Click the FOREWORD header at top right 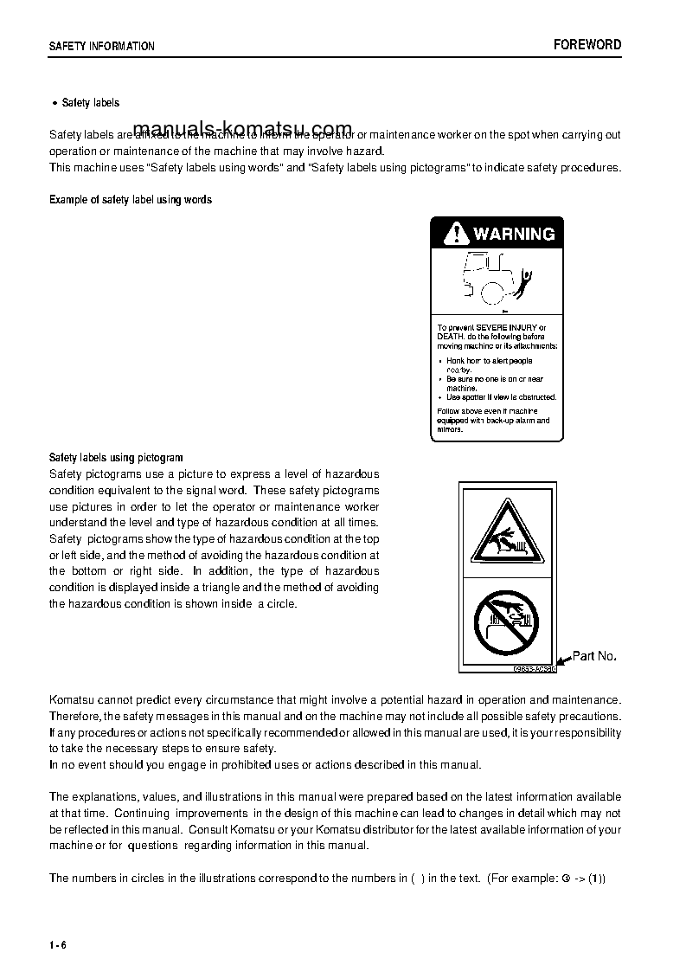(x=587, y=45)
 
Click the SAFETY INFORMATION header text (x=102, y=47)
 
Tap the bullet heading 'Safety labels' (x=91, y=103)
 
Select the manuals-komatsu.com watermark (x=243, y=128)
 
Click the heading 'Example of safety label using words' (x=131, y=200)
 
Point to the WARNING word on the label (x=514, y=234)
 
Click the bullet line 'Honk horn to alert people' (x=489, y=361)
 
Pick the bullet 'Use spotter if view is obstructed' (x=501, y=397)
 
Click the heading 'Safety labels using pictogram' (x=116, y=458)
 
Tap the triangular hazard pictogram (x=504, y=532)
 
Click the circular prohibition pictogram (x=506, y=622)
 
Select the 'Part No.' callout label (x=594, y=656)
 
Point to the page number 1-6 (x=58, y=944)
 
